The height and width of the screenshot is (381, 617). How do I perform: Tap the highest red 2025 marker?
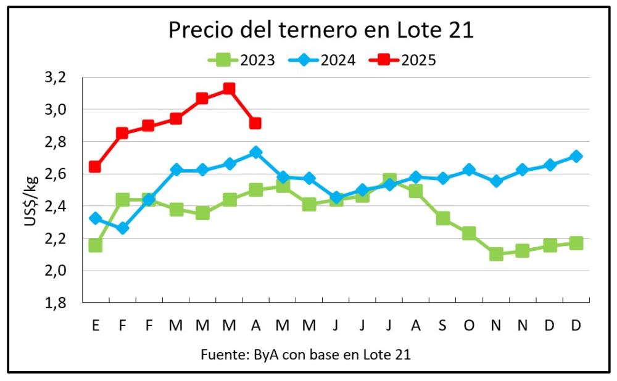229,89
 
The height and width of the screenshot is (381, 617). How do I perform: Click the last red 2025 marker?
255,123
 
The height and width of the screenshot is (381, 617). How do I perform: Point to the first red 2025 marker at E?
95,166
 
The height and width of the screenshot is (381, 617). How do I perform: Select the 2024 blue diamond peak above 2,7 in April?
255,152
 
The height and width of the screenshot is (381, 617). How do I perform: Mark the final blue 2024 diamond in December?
576,156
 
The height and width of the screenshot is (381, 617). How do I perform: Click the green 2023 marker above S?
442,218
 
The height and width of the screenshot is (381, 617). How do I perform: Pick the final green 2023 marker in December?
576,243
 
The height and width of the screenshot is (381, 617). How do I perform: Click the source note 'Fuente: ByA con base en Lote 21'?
305,355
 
